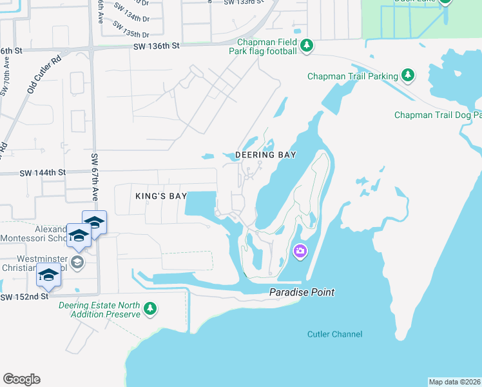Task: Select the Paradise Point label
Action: point(302,293)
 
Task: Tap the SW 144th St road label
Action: point(43,173)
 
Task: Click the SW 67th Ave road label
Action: point(94,177)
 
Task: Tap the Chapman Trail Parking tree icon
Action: point(407,75)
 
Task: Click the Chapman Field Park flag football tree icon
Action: point(307,45)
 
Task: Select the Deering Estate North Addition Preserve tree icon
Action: point(150,309)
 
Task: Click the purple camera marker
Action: point(300,251)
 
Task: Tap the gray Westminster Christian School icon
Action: point(77,261)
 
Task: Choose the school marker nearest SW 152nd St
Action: point(48,275)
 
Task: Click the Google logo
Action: point(21,379)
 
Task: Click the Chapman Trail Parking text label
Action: point(352,76)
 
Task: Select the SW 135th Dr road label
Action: point(131,30)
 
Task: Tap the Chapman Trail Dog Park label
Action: point(438,115)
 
